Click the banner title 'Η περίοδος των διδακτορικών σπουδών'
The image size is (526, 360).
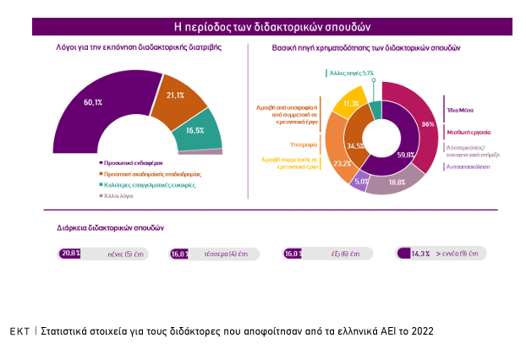click(x=271, y=27)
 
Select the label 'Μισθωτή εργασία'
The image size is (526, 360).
click(x=468, y=133)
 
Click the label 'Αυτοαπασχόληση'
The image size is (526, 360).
click(x=470, y=166)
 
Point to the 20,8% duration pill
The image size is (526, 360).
click(x=102, y=254)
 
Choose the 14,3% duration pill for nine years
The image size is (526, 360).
click(x=441, y=254)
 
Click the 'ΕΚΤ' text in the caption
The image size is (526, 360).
click(x=19, y=331)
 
